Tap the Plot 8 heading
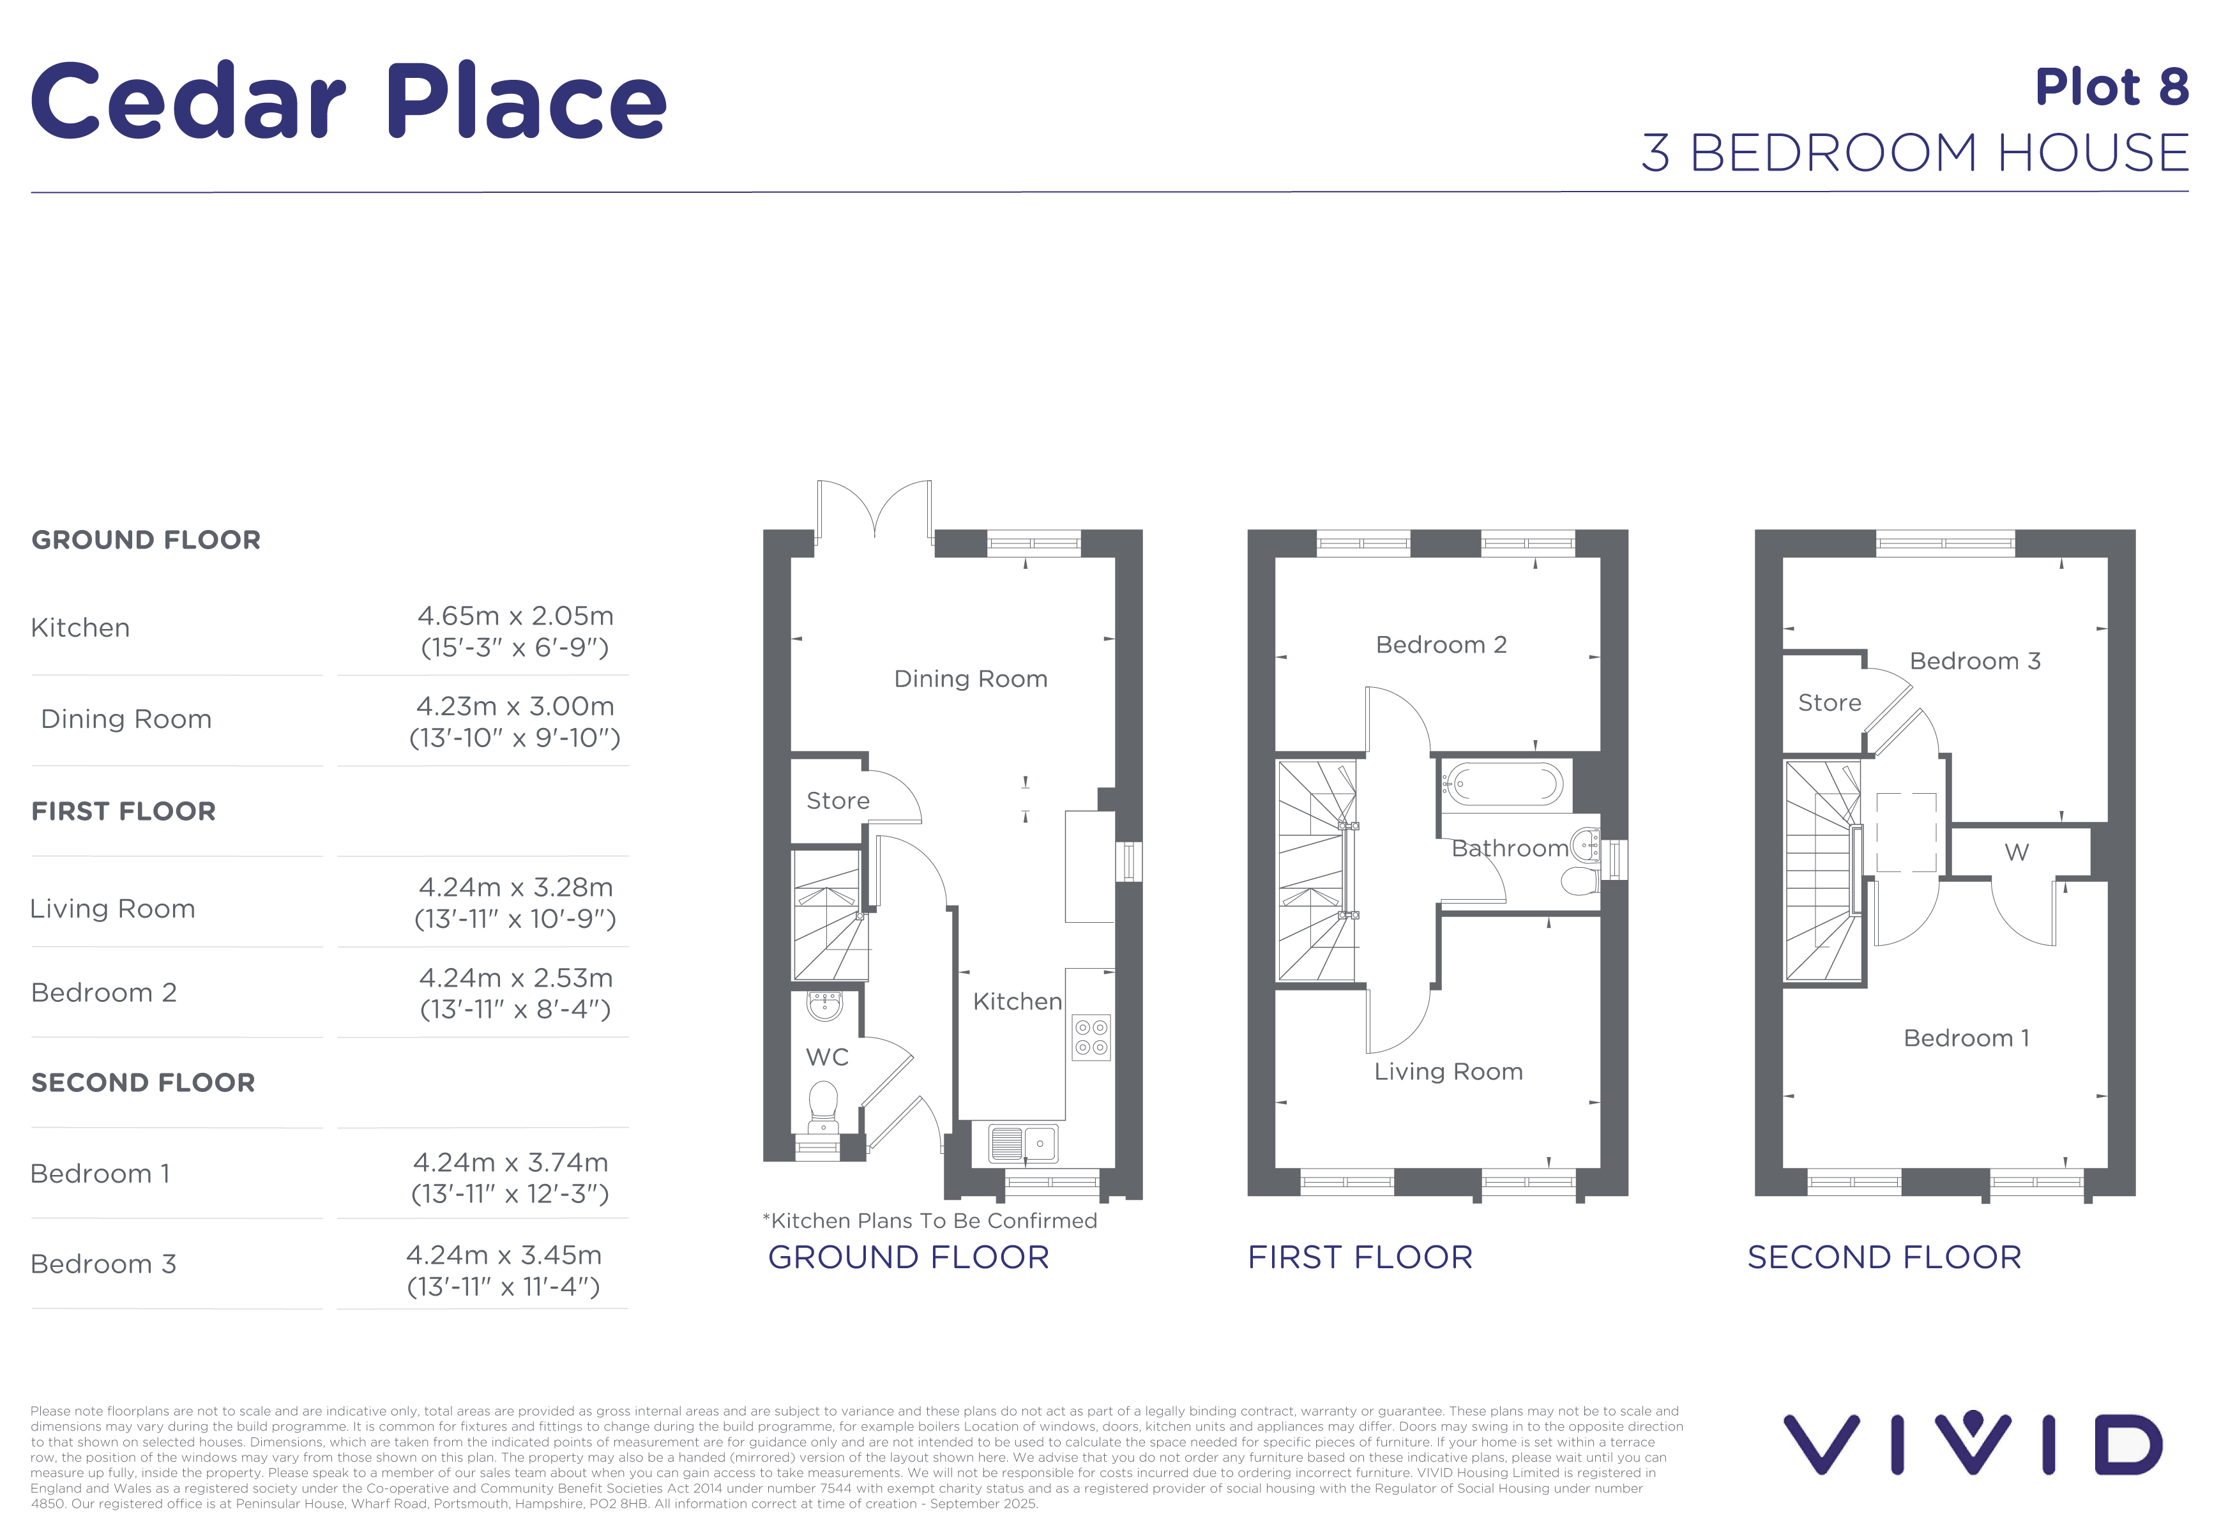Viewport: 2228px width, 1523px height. click(x=2112, y=87)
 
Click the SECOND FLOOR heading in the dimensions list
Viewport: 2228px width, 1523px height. click(x=144, y=1082)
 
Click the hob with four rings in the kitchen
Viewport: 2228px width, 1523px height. click(x=1091, y=1037)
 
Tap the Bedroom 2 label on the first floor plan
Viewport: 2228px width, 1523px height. click(x=1441, y=645)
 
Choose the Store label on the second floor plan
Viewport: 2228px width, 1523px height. click(x=1829, y=702)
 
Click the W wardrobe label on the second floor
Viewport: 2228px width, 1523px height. click(x=2017, y=852)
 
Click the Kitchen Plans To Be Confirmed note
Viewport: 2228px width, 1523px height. click(x=930, y=1220)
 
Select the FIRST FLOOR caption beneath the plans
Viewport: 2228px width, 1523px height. click(x=1360, y=1257)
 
